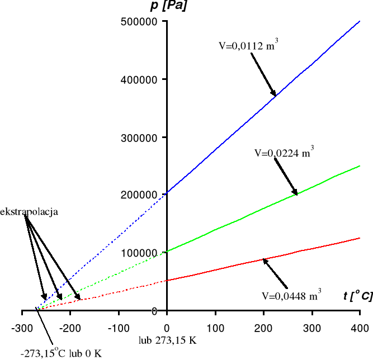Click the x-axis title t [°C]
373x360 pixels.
point(357,296)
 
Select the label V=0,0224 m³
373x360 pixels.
point(284,151)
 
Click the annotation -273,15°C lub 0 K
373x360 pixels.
point(62,352)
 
